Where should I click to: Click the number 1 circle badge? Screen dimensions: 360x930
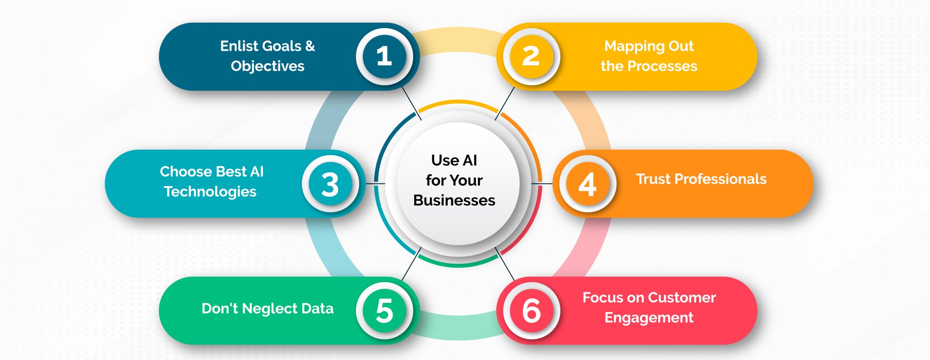pyautogui.click(x=384, y=56)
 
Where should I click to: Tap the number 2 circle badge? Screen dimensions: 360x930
pyautogui.click(x=531, y=56)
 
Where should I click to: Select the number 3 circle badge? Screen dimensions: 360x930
pyautogui.click(x=330, y=184)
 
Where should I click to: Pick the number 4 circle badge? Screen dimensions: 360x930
pyautogui.click(x=587, y=184)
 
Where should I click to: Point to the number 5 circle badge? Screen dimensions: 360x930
pyautogui.click(x=384, y=311)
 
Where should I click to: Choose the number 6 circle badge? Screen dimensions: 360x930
pyautogui.click(x=531, y=311)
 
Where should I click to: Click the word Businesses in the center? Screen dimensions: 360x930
pyautogui.click(x=454, y=200)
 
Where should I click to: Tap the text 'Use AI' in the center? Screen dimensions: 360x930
pyautogui.click(x=454, y=160)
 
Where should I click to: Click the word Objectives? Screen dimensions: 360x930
pyautogui.click(x=267, y=66)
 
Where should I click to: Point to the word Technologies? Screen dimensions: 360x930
pyautogui.click(x=210, y=192)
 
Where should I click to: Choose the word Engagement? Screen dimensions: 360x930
pyautogui.click(x=649, y=318)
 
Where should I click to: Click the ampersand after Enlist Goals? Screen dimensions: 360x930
pyautogui.click(x=310, y=46)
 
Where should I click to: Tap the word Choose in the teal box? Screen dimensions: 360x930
pyautogui.click(x=186, y=172)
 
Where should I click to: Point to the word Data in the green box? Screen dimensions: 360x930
pyautogui.click(x=317, y=309)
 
